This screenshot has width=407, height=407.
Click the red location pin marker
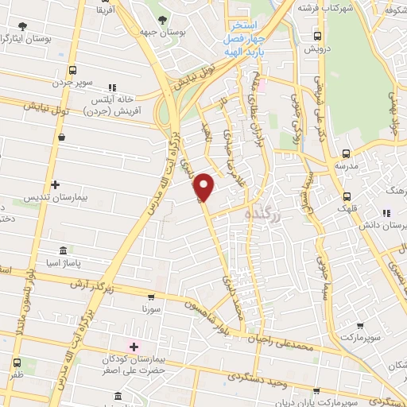204,186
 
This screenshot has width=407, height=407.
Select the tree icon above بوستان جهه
163,19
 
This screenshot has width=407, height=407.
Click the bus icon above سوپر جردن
73,71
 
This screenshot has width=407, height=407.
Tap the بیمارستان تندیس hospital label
56,196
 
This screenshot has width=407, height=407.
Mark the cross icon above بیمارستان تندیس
55,184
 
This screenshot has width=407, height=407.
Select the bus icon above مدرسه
345,154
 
